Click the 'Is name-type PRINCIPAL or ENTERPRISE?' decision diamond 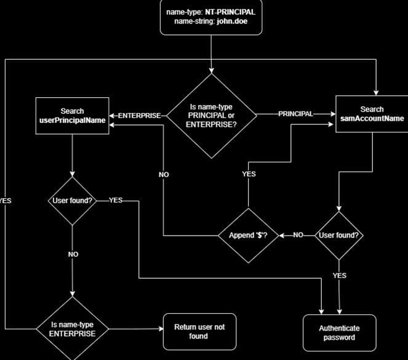coord(212,115)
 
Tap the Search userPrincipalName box coord(72,116)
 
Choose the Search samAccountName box coord(372,114)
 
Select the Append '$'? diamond coord(248,235)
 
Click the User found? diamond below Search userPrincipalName coord(72,201)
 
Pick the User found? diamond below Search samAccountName coord(339,235)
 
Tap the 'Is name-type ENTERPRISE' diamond coord(72,329)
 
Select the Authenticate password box coord(339,332)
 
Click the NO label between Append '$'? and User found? coord(298,235)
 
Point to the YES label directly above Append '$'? coord(249,174)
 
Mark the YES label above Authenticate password coord(339,276)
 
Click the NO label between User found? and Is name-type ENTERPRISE coord(73,254)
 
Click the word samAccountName coord(372,119)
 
